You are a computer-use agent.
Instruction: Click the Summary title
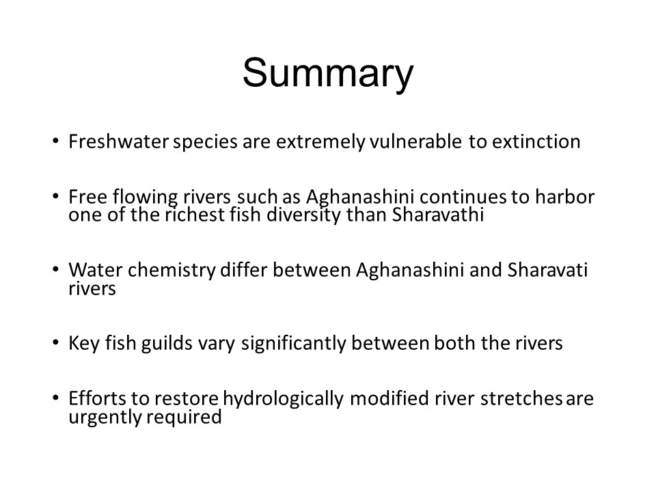tap(328, 74)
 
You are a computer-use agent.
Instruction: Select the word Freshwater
tap(119, 141)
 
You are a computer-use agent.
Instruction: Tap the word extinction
tap(536, 141)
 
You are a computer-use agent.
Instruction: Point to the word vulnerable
tap(416, 141)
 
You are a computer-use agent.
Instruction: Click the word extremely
tap(321, 142)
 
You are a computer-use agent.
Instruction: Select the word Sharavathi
tap(438, 215)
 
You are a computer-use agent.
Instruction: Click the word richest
tap(195, 215)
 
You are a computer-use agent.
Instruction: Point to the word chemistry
tap(172, 271)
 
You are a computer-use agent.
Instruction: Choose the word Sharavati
tap(547, 270)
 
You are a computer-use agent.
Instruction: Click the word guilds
tap(167, 344)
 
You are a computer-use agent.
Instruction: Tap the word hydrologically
tap(283, 399)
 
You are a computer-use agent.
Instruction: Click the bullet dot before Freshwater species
tap(55, 141)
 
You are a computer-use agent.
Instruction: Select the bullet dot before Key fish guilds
tap(55, 343)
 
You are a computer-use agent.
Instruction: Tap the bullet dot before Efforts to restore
tap(55, 398)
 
